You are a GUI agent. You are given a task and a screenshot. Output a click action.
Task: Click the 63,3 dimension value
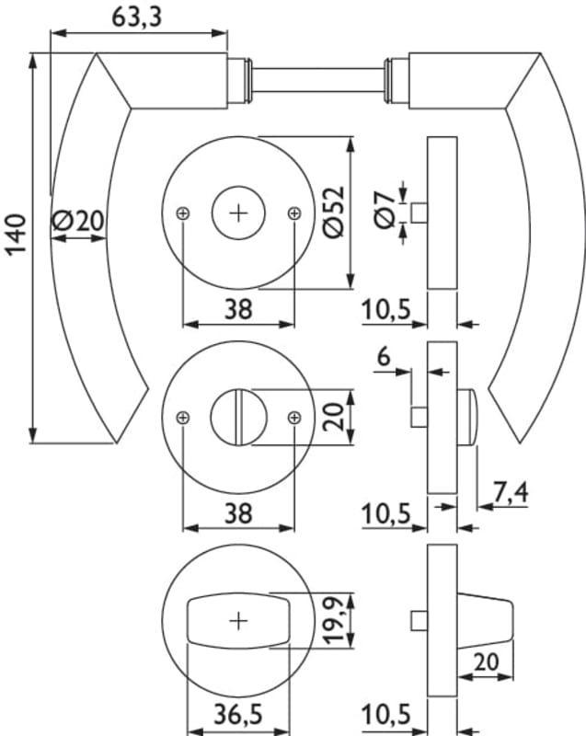point(131,17)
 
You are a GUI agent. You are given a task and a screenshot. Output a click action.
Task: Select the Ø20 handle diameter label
point(79,220)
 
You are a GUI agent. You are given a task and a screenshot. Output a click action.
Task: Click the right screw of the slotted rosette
point(293,417)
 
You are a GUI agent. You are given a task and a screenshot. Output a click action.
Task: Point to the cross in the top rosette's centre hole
point(238,213)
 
